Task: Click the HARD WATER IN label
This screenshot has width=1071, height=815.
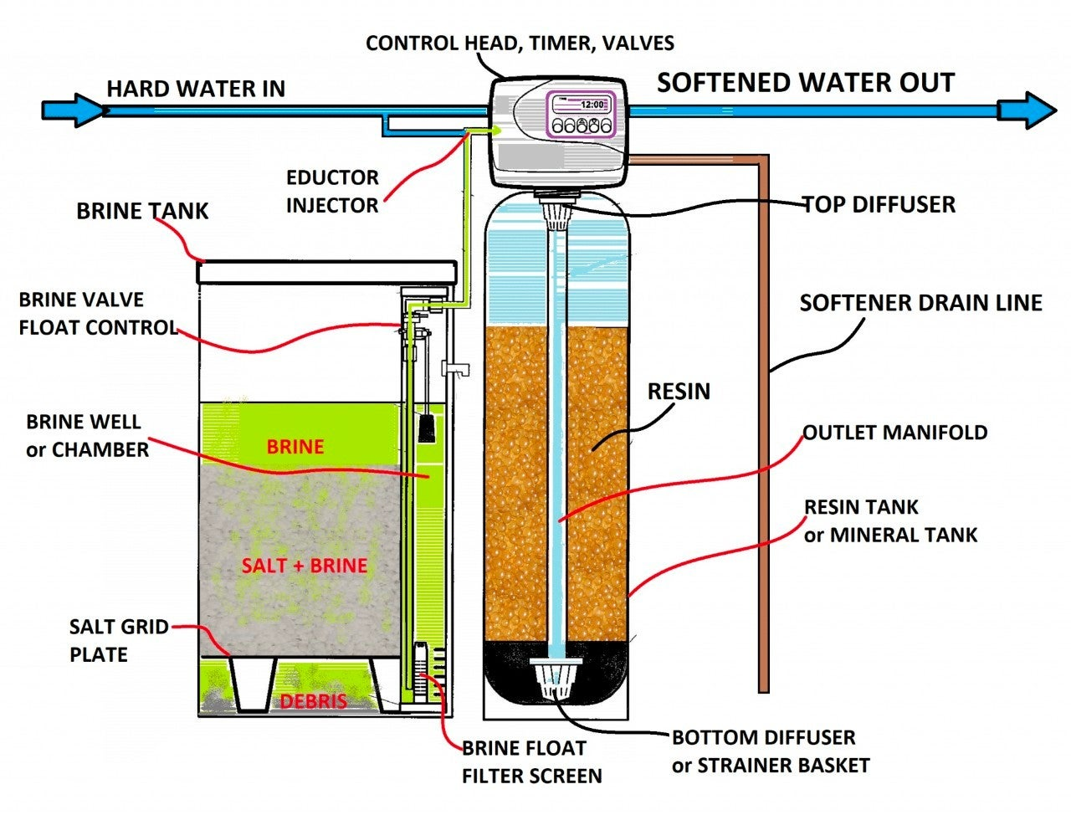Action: [196, 89]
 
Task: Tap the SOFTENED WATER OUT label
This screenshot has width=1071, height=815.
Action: [805, 83]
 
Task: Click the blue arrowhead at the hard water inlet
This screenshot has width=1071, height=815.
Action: [75, 110]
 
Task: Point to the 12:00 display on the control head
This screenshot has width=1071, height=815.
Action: [592, 105]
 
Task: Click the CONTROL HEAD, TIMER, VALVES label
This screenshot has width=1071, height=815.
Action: [520, 43]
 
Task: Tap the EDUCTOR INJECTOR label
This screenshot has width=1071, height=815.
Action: [332, 191]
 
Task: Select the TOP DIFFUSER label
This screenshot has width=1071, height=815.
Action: [879, 204]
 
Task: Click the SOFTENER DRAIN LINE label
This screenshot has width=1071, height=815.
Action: [920, 302]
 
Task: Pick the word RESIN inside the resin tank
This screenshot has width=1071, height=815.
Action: [679, 391]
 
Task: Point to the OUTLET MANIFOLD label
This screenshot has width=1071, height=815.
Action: [894, 433]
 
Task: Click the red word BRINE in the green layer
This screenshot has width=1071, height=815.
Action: [295, 447]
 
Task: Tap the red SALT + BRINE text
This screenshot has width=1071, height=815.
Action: [305, 566]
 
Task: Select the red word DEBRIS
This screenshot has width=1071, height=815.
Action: [313, 700]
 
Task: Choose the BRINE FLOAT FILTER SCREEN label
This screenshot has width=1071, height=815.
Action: [531, 761]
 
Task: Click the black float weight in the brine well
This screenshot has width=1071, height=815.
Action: [426, 428]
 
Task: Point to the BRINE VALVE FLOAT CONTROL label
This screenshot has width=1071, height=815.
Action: [98, 313]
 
